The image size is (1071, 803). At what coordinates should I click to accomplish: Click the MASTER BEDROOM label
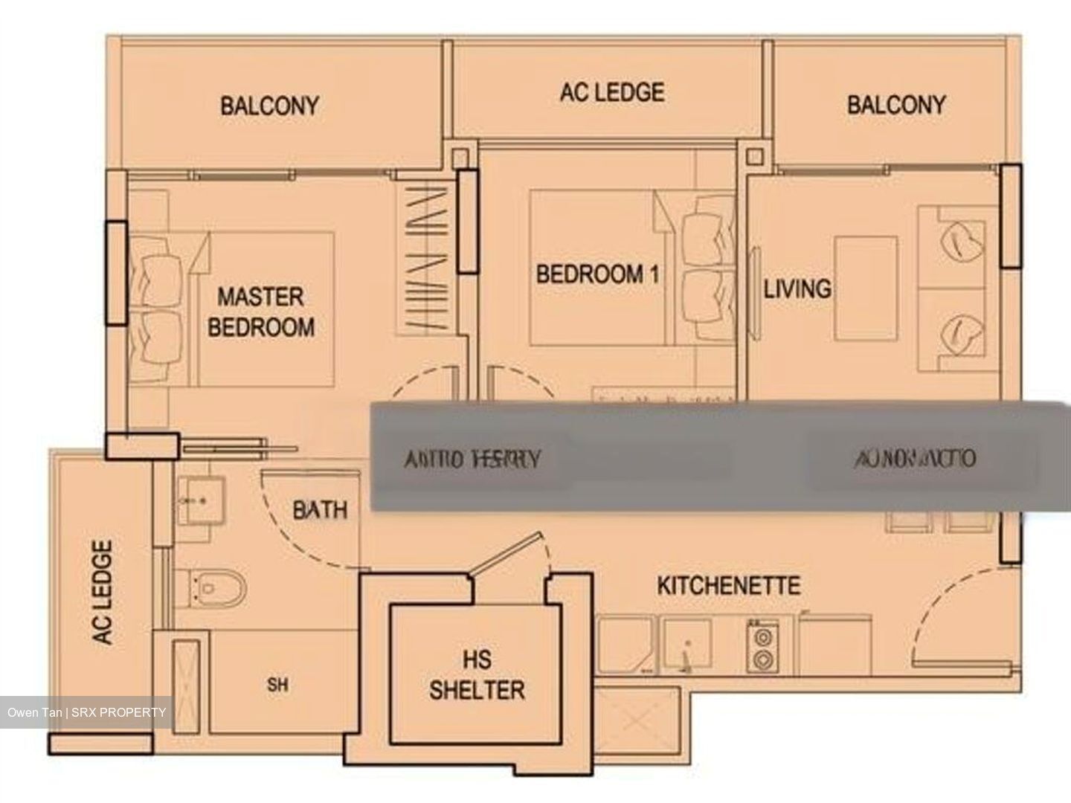point(260,312)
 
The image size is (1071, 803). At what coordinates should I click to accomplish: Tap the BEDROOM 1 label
point(597,274)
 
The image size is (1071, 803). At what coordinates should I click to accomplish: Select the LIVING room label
point(797,288)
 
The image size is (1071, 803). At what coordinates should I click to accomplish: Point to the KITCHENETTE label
point(728,586)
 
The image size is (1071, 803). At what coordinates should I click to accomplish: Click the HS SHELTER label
point(477,675)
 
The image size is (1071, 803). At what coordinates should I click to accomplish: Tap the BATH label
point(320,510)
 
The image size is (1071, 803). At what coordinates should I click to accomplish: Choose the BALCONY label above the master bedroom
point(269,106)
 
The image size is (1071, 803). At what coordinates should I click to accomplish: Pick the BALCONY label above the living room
point(896,104)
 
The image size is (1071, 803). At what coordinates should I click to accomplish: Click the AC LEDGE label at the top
point(611,92)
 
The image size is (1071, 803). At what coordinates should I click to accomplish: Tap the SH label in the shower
point(277,685)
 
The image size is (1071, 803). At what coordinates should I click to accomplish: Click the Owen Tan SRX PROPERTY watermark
point(87,712)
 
